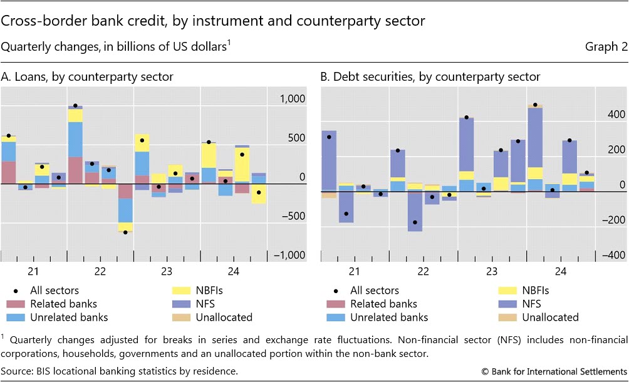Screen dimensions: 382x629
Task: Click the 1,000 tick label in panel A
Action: (x=292, y=99)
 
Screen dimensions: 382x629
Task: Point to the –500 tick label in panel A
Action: (x=293, y=216)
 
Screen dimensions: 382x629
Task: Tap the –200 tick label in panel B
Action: (x=612, y=220)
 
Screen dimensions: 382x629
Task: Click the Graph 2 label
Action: (x=606, y=48)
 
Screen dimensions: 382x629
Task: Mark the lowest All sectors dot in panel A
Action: (x=125, y=232)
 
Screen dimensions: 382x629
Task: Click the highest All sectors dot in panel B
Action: (x=534, y=105)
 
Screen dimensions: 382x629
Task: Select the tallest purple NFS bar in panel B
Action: (x=534, y=137)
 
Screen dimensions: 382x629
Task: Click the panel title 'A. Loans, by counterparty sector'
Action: (x=87, y=77)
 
